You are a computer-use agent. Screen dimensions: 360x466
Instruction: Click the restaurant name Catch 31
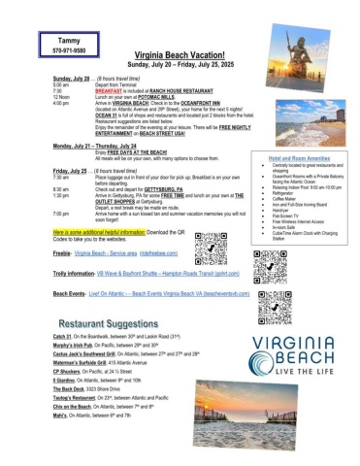(x=66, y=335)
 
